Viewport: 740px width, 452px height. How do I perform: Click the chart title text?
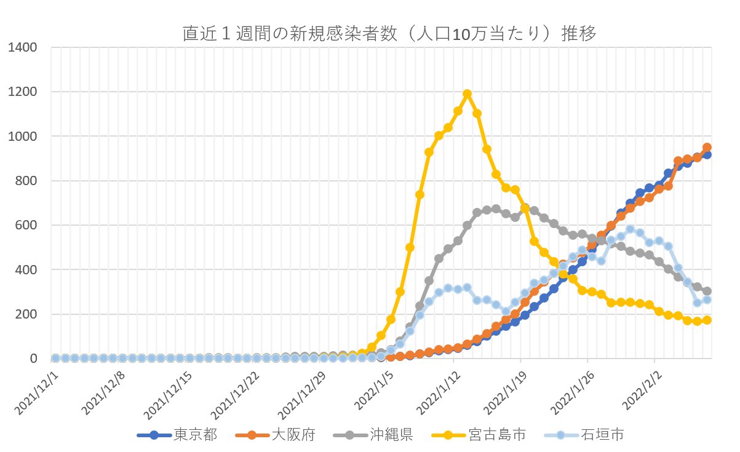[x=389, y=34]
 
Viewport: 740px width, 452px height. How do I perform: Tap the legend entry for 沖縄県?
[x=390, y=435]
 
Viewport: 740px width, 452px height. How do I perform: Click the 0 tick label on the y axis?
[x=36, y=359]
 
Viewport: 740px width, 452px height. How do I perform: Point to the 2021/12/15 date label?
[x=169, y=394]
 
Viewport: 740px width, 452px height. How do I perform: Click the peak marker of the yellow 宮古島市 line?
[x=467, y=93]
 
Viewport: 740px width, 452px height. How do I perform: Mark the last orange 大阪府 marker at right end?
[x=707, y=148]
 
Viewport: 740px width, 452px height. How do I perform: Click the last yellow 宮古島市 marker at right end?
[x=707, y=320]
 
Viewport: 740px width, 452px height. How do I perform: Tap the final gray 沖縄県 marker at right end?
[x=707, y=291]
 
